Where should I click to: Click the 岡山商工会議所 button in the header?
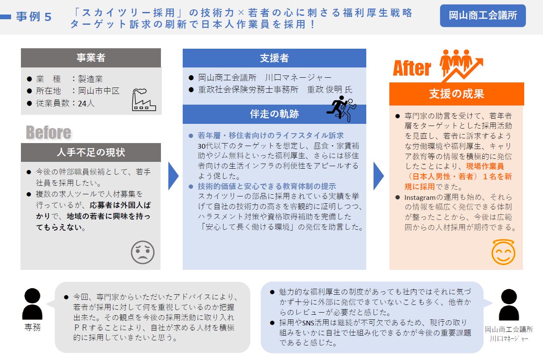483,15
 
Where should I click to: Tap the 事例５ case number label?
34,17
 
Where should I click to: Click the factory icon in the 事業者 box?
143,100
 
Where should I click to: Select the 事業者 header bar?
91,58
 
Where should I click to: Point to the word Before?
49,132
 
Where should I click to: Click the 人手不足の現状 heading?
91,152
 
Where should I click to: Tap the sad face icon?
143,252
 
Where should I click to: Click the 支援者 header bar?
274,58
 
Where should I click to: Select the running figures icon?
342,108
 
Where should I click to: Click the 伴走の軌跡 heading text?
274,114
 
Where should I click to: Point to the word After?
412,68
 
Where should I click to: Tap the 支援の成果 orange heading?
456,94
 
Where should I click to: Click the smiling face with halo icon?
503,252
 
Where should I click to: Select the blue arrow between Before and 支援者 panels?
173,176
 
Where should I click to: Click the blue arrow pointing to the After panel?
378,176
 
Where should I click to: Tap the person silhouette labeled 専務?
32,304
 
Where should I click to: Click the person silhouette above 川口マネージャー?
509,305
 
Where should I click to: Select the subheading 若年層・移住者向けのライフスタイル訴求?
271,135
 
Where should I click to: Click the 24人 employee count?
86,103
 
